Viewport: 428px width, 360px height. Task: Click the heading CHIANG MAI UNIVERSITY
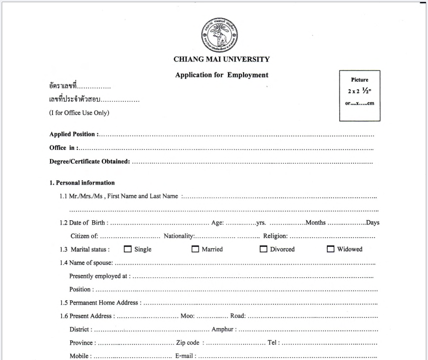pyautogui.click(x=221, y=59)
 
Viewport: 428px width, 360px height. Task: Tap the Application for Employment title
pyautogui.click(x=222, y=75)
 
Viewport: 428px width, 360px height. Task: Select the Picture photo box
pyautogui.click(x=360, y=96)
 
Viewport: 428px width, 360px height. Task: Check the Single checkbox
pyautogui.click(x=128, y=249)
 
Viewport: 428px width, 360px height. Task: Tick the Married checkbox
pyautogui.click(x=195, y=249)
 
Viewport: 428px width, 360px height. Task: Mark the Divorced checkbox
pyautogui.click(x=263, y=249)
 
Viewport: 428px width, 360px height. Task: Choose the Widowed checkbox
pyautogui.click(x=330, y=249)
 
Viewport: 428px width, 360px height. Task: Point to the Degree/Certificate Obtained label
pyautogui.click(x=89, y=162)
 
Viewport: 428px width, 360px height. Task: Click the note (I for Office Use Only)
pyautogui.click(x=79, y=113)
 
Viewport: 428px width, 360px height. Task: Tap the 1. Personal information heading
pyautogui.click(x=82, y=183)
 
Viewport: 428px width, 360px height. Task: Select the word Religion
pyautogui.click(x=275, y=236)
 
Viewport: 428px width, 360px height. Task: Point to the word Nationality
pyautogui.click(x=179, y=236)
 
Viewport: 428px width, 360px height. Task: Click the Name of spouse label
pyautogui.click(x=91, y=263)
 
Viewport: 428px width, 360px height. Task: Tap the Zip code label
pyautogui.click(x=188, y=342)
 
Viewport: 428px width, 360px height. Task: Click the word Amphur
pyautogui.click(x=222, y=329)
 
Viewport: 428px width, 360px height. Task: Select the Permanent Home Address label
pyautogui.click(x=104, y=303)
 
